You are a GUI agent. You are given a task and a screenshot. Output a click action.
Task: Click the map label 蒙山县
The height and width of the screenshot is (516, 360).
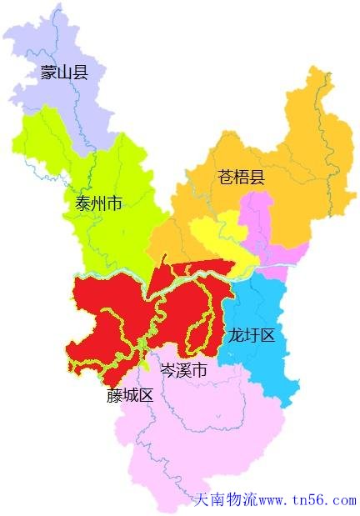tap(64, 73)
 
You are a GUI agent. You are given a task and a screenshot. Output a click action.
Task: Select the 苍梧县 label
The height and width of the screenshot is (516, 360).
tap(241, 177)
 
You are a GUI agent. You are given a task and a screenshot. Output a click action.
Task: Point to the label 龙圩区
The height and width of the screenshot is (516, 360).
tap(251, 335)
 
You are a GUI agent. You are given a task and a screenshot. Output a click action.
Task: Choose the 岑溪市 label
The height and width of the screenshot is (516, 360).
tap(183, 370)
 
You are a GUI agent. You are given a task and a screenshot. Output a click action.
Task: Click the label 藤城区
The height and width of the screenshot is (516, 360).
tap(130, 395)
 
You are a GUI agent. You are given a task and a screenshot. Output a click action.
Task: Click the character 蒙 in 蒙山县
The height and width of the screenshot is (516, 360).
tap(48, 73)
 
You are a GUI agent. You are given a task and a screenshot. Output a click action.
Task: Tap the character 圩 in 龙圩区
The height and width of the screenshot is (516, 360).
tap(251, 335)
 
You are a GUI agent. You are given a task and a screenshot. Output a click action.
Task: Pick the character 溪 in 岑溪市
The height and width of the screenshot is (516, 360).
tap(183, 370)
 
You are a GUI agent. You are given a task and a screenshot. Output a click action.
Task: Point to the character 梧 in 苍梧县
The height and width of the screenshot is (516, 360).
tap(241, 177)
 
